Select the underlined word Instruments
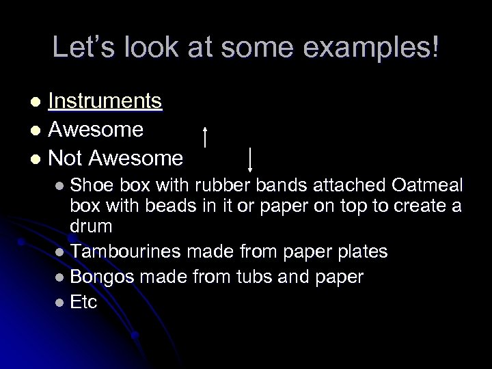click(x=105, y=102)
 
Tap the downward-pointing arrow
click(x=251, y=159)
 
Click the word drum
click(x=91, y=225)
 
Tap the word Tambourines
click(x=124, y=252)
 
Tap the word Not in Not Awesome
click(x=66, y=159)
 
